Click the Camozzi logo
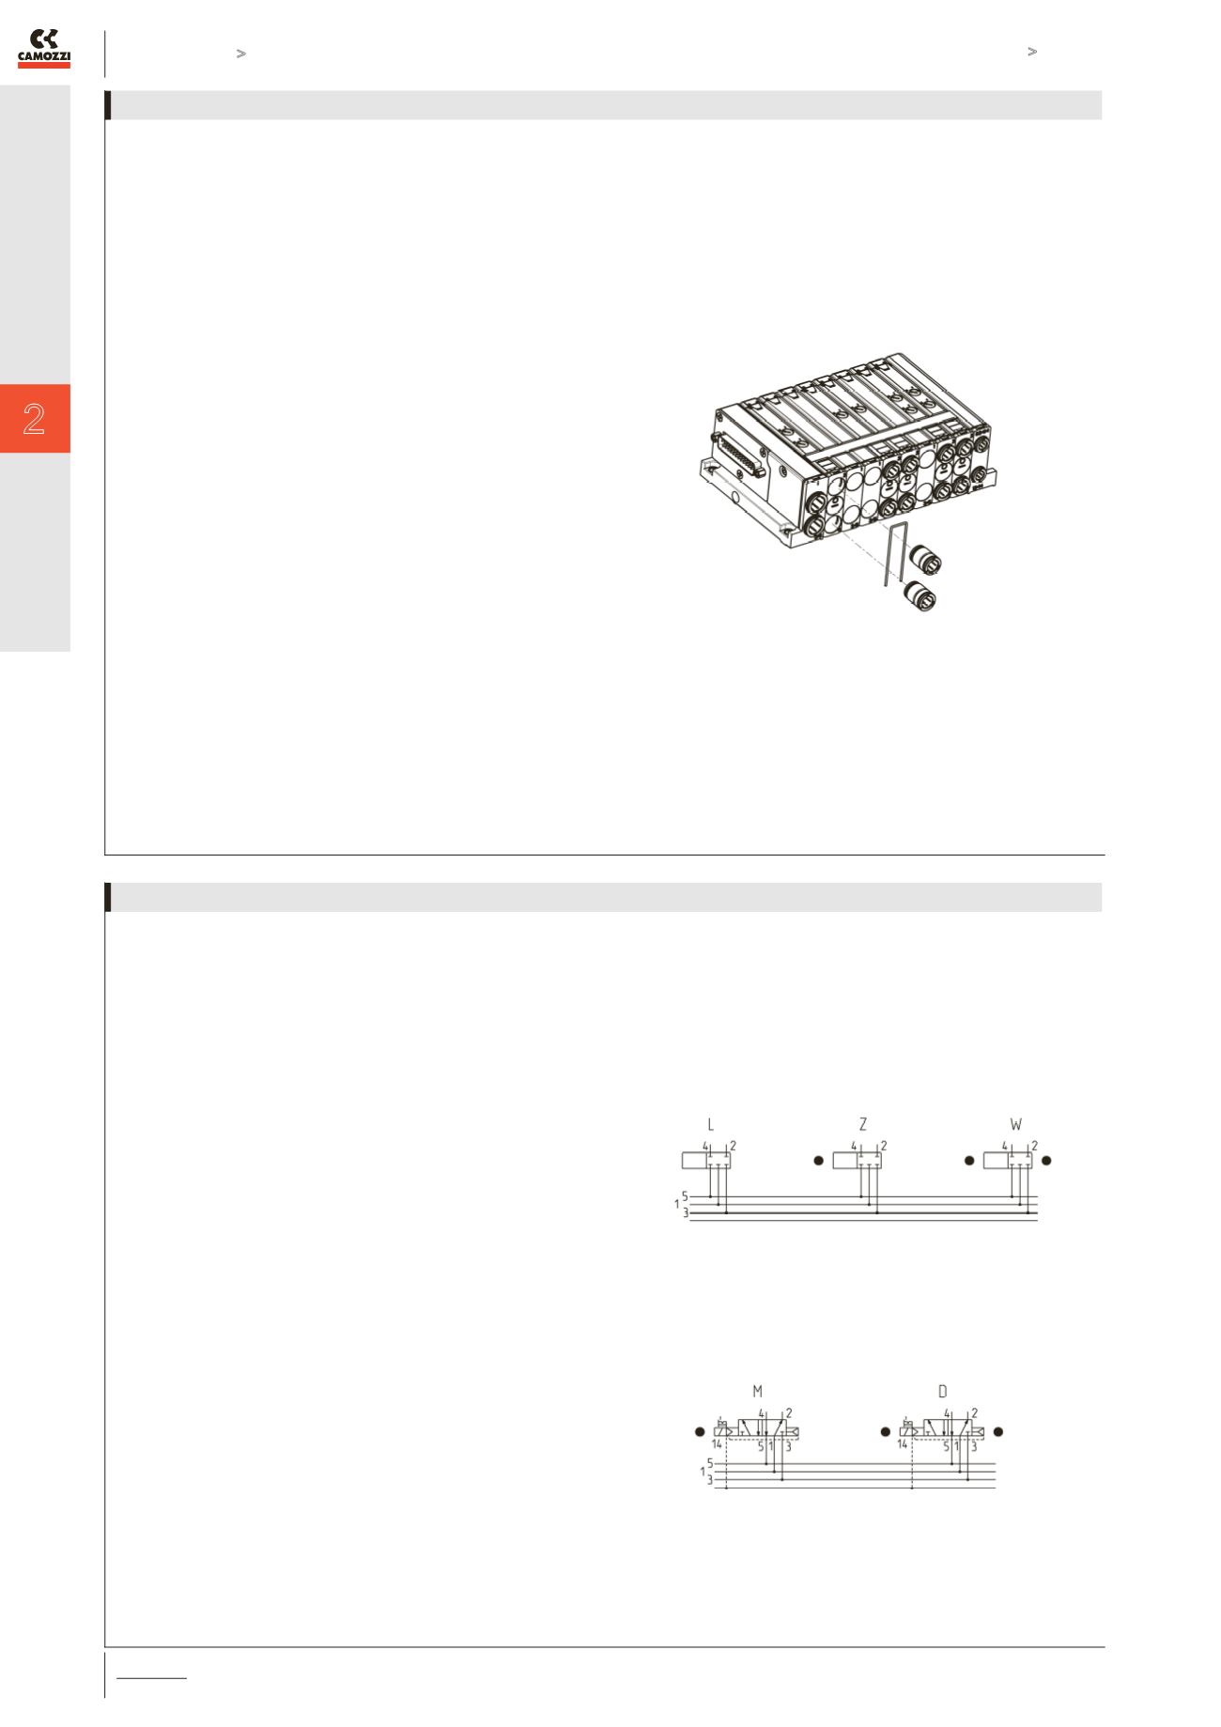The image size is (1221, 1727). tap(44, 49)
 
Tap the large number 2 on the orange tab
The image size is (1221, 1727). tap(35, 419)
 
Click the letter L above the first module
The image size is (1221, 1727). tap(711, 1124)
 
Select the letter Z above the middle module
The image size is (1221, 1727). tap(863, 1124)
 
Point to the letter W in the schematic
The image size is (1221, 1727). tap(1015, 1124)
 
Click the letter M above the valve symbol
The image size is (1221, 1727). tap(758, 1392)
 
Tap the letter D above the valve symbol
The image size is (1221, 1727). tap(943, 1392)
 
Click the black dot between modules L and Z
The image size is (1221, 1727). tap(817, 1161)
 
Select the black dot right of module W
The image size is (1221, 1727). tap(1047, 1161)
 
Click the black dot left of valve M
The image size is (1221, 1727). tap(699, 1432)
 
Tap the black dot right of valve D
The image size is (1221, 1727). tap(999, 1432)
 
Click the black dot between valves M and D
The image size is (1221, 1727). tap(885, 1432)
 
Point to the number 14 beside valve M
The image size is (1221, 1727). tap(717, 1444)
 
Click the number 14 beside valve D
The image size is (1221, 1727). tap(903, 1444)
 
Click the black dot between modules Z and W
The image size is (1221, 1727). tap(969, 1161)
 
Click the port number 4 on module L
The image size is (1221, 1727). tap(704, 1146)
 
